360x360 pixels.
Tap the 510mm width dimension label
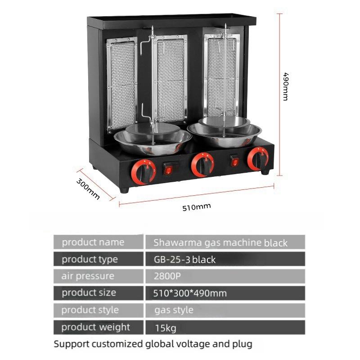tap(197, 207)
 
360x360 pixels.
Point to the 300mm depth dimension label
tap(88, 189)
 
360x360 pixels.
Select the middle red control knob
tap(202, 164)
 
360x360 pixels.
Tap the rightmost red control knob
tap(258, 158)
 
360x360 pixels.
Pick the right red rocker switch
tap(234, 161)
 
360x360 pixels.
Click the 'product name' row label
tap(93, 242)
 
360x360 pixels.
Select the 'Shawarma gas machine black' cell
tap(220, 243)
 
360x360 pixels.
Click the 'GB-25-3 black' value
tap(184, 260)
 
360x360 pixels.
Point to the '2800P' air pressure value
tap(166, 276)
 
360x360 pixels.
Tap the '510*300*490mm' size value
tap(190, 293)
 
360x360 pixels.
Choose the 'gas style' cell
tap(174, 310)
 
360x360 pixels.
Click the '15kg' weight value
tap(165, 328)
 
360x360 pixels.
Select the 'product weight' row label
tap(96, 327)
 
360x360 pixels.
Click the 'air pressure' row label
tap(88, 276)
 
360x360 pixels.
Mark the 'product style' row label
tap(90, 310)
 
